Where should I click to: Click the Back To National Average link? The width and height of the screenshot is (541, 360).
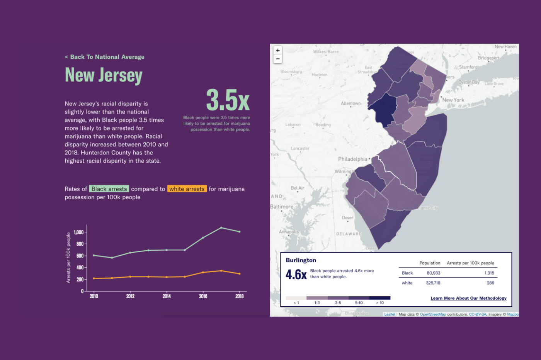104,57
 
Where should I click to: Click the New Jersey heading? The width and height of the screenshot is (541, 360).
104,75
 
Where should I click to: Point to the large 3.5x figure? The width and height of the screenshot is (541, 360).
228,100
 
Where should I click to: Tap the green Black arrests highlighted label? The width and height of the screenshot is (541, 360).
109,189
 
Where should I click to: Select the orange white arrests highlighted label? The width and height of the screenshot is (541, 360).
187,189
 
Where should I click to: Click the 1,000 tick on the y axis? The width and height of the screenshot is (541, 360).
78,232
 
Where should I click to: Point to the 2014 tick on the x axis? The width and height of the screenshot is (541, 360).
167,296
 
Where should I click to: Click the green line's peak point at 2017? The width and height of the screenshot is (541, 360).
221,228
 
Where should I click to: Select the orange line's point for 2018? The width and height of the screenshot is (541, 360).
240,274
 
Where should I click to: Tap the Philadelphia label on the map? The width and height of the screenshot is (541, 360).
352,159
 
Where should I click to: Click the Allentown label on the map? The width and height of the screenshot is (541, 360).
350,104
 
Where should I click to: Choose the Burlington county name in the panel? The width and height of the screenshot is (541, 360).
301,260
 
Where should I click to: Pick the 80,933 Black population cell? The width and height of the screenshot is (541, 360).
433,273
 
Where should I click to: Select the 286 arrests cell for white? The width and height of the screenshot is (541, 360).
490,283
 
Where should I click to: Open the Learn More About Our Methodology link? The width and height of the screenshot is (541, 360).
468,298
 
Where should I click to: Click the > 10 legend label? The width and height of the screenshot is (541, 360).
380,303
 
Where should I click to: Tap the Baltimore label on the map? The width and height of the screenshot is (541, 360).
282,207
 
